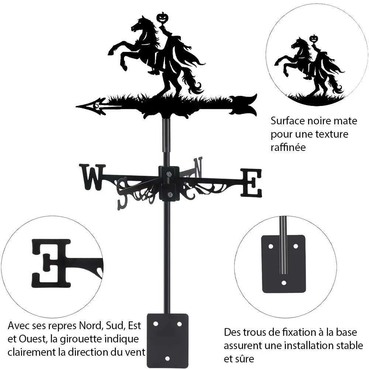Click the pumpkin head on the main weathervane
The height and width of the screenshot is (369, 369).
click(x=162, y=18)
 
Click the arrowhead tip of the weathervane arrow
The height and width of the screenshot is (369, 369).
click(x=77, y=107)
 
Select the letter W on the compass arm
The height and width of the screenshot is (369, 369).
click(x=93, y=177)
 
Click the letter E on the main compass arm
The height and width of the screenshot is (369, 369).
click(x=251, y=183)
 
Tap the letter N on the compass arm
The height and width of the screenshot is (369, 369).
click(x=198, y=167)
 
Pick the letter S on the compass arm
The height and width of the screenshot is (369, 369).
click(x=124, y=194)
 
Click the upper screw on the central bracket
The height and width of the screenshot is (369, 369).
click(x=169, y=174)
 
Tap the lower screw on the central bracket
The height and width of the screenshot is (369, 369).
click(x=169, y=194)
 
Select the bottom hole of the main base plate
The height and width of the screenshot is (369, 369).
click(x=167, y=359)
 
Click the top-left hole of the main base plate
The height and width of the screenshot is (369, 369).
click(x=156, y=324)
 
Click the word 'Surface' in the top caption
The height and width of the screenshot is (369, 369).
click(x=287, y=121)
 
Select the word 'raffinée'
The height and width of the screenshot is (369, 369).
click(x=288, y=148)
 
